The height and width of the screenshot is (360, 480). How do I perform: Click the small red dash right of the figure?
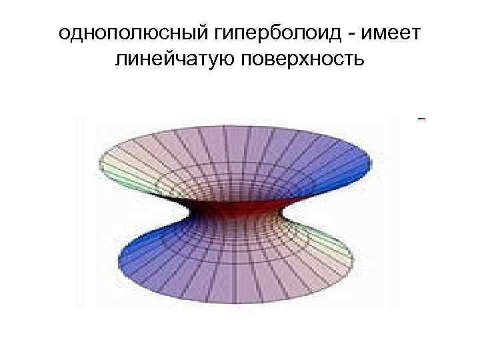coord(421,119)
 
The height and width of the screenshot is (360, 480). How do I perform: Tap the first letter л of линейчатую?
coord(121,62)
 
